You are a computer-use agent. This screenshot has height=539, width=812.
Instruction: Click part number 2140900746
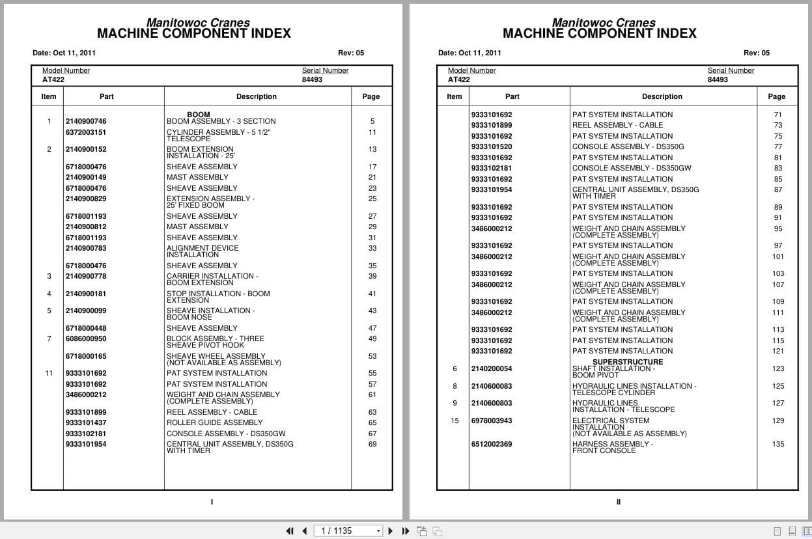tap(85, 121)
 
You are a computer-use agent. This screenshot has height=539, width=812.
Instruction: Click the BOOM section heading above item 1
tap(199, 115)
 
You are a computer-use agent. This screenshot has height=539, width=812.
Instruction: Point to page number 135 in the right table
tap(778, 445)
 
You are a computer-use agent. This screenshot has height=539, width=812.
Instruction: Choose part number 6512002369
tap(491, 445)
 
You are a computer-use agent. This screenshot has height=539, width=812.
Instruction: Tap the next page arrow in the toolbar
tap(391, 531)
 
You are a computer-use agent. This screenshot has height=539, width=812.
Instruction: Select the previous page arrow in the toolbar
tap(304, 531)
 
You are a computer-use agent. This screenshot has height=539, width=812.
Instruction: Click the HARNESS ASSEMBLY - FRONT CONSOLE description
tap(612, 447)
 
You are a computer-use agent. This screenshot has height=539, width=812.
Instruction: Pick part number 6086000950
tap(85, 339)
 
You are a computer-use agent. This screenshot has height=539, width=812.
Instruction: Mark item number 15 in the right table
tap(455, 421)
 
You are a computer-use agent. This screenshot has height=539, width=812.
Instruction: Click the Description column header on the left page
tap(256, 96)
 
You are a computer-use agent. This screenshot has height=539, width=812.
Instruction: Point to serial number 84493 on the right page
tap(718, 79)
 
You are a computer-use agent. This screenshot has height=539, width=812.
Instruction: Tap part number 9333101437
tap(85, 422)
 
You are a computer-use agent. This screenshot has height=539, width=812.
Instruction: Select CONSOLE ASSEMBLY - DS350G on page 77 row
tap(628, 146)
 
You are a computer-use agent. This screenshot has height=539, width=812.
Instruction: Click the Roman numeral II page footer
tap(618, 502)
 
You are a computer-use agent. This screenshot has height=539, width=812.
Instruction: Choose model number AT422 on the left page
tap(53, 79)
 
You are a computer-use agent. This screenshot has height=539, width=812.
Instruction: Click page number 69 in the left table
tap(372, 444)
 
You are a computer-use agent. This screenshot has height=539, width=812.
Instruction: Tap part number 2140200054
tap(491, 368)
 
